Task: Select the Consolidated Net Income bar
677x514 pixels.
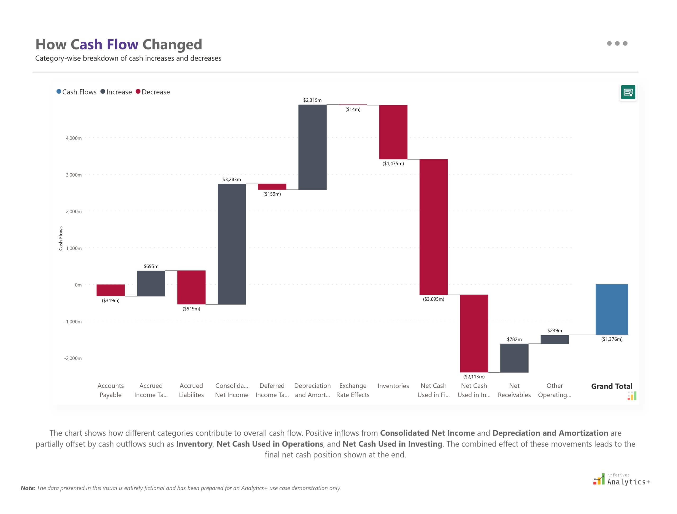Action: (x=231, y=244)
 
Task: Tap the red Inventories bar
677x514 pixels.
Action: (x=393, y=132)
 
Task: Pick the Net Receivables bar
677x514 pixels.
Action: (x=514, y=358)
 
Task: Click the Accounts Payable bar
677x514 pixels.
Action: (x=111, y=290)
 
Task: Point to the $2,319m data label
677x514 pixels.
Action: (x=312, y=100)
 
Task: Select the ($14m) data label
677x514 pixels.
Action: (x=353, y=109)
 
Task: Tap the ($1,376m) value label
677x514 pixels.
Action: (x=611, y=339)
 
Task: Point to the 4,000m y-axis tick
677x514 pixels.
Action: (x=74, y=138)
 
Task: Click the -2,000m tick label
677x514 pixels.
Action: (x=73, y=358)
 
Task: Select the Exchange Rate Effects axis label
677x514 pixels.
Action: (x=353, y=390)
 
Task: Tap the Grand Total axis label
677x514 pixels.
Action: (x=611, y=386)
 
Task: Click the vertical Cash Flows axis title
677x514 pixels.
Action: (x=61, y=238)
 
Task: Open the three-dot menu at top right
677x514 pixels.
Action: (x=617, y=43)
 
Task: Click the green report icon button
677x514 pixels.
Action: (x=628, y=92)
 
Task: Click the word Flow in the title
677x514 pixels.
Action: (x=122, y=44)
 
